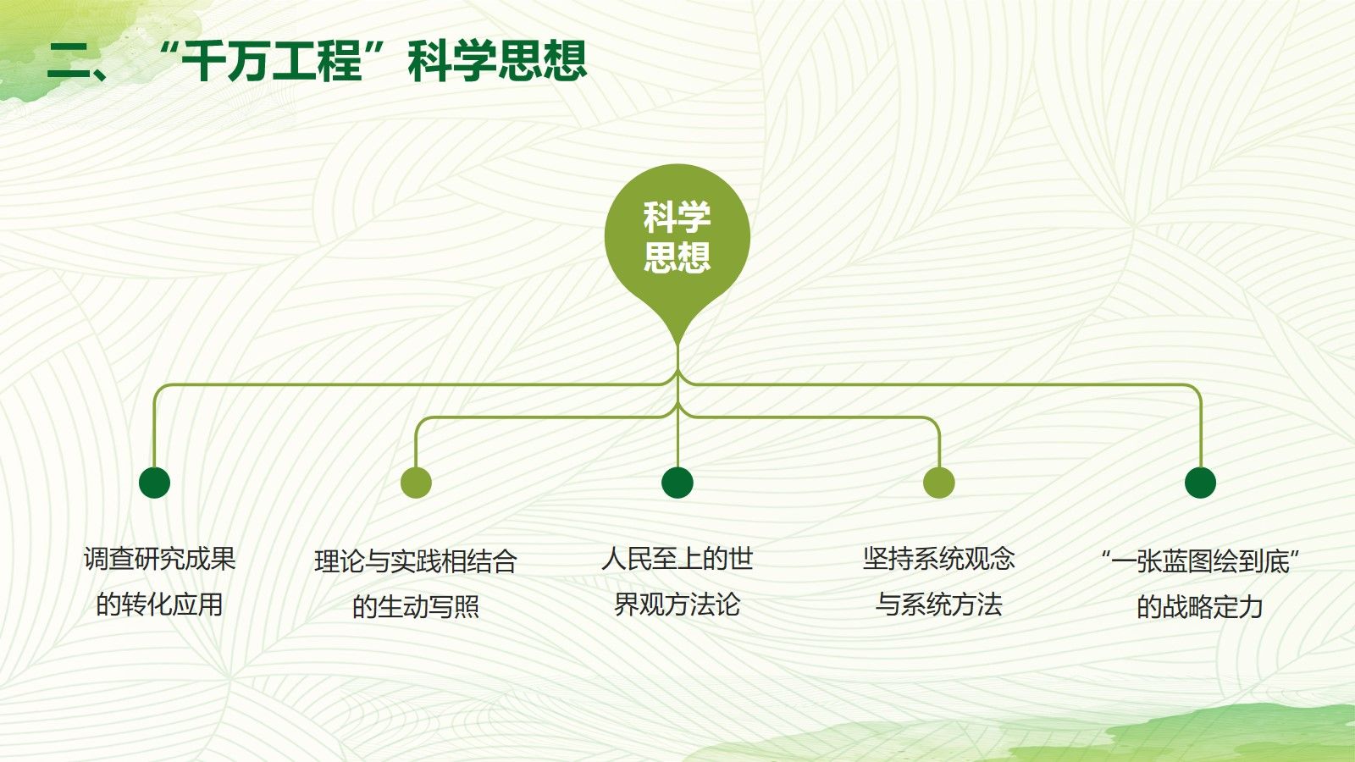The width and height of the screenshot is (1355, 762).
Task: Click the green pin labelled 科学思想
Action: tap(677, 242)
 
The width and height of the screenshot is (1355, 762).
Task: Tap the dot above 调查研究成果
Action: tap(154, 483)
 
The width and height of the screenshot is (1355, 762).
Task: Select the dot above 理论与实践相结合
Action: tap(416, 483)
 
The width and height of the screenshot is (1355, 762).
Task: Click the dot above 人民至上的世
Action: tap(677, 483)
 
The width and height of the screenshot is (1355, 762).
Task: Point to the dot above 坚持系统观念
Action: tap(939, 483)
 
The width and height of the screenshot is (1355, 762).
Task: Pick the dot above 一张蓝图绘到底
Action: tap(1200, 483)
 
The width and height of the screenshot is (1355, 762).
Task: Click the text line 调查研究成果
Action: tap(160, 559)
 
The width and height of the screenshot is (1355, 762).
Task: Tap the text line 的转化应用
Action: tap(160, 605)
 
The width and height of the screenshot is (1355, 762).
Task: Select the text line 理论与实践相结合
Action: tap(416, 561)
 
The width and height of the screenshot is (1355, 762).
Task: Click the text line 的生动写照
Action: tap(416, 606)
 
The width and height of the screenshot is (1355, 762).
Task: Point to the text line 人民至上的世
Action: tap(677, 559)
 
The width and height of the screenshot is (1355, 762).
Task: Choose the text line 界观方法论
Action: tap(677, 605)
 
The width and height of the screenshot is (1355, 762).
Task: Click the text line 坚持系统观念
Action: tap(939, 559)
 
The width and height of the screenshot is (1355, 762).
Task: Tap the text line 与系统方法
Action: tap(939, 605)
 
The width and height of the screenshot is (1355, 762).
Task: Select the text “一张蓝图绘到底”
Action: tap(1200, 561)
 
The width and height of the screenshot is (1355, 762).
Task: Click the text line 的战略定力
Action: tap(1200, 606)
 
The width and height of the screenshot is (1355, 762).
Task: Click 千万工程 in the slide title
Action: tap(272, 61)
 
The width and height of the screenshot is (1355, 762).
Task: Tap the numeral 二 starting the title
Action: tap(69, 62)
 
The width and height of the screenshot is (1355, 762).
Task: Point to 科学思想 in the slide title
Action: tap(497, 61)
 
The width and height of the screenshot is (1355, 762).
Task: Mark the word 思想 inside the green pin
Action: tap(677, 257)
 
